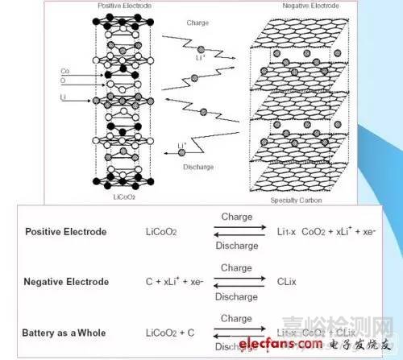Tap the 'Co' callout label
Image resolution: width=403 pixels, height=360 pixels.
point(64,71)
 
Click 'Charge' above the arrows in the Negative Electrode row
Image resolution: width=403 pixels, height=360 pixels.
point(236,268)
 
